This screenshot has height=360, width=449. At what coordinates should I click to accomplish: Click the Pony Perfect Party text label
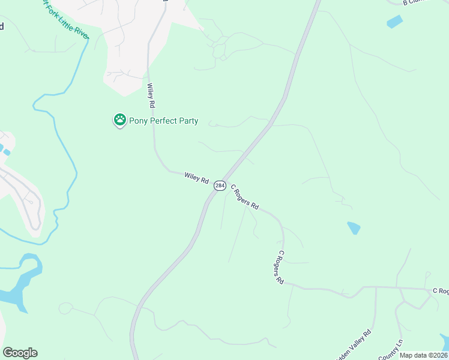[164, 121]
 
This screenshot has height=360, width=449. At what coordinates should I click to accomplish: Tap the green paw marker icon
[120, 120]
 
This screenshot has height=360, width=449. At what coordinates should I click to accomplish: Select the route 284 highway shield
[220, 186]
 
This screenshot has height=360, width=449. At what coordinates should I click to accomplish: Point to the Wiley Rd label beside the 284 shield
[196, 178]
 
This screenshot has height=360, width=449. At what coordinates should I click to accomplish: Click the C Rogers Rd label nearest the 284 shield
[244, 197]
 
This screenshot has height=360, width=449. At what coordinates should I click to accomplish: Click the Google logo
[20, 353]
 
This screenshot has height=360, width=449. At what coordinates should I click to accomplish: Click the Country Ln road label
[391, 350]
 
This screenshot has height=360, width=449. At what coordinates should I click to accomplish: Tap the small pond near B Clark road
[395, 22]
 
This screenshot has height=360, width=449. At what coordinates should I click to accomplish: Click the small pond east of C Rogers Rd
[354, 228]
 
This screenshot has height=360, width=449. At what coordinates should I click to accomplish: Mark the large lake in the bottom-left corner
[18, 288]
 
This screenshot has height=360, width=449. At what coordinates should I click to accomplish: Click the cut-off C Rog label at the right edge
[441, 291]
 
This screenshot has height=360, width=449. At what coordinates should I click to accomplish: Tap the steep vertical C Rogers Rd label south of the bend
[279, 267]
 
